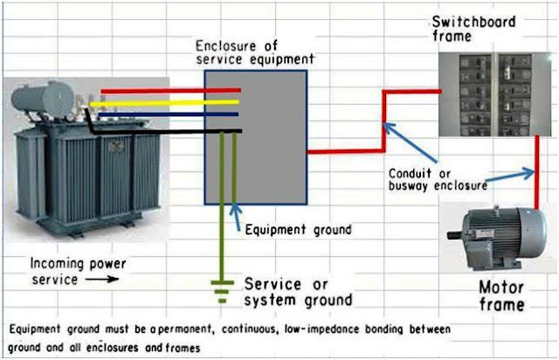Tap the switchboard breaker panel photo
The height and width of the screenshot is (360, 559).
(x=493, y=92)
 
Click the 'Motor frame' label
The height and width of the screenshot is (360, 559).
(x=501, y=295)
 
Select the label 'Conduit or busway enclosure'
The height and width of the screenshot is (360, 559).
(x=433, y=178)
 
